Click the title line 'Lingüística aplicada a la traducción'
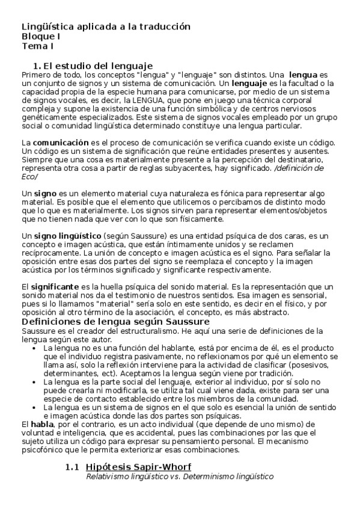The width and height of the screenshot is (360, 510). coord(106,27)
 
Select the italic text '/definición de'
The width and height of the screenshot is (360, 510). coord(298,168)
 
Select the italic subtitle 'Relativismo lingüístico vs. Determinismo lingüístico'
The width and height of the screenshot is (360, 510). coord(180,476)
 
